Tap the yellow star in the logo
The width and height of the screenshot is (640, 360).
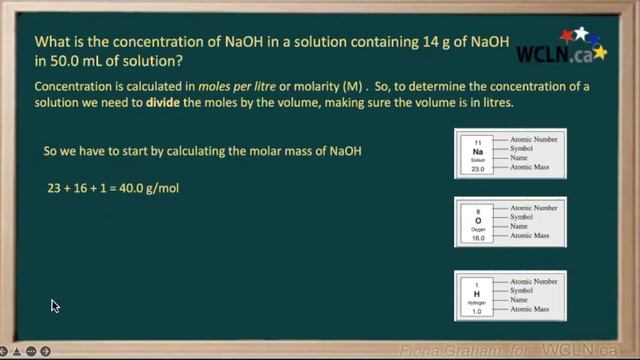point(599,51)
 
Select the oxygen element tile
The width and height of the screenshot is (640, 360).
point(477,226)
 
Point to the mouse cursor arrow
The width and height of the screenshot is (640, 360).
point(55,306)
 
